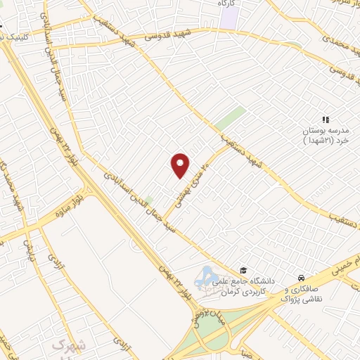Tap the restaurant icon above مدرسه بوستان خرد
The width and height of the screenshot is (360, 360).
pyautogui.click(x=325, y=120)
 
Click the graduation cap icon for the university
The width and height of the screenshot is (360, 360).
pyautogui.click(x=243, y=270)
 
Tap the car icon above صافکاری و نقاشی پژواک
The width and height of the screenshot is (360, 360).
pyautogui.click(x=301, y=278)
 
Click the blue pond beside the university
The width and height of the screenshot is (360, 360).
pyautogui.click(x=209, y=275)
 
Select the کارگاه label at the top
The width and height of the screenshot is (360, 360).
pyautogui.click(x=226, y=4)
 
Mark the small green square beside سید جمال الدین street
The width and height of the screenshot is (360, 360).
pyautogui.click(x=149, y=200)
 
